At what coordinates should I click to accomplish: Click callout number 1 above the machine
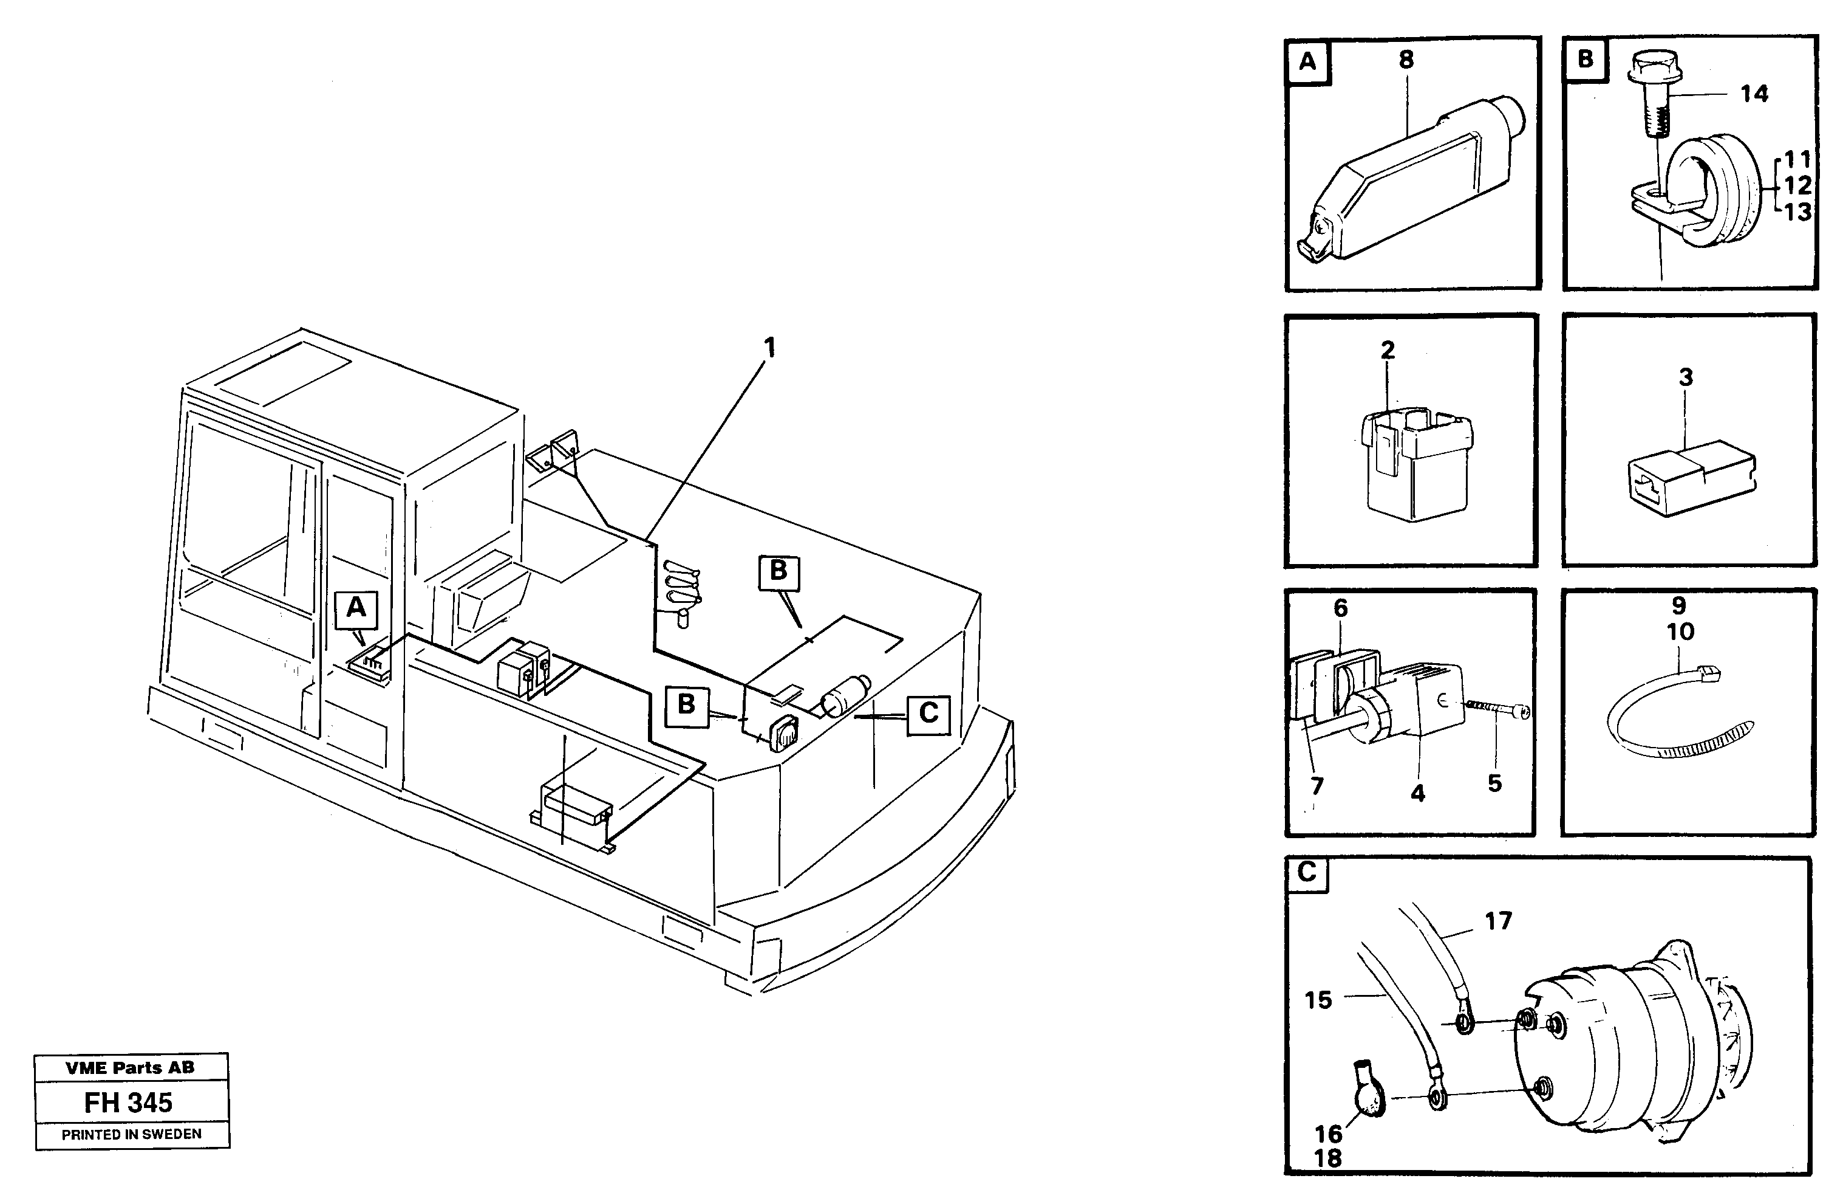tap(769, 348)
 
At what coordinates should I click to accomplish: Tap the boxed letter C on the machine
tap(928, 713)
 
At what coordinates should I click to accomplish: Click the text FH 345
tap(129, 1103)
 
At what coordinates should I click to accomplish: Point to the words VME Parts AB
tap(130, 1068)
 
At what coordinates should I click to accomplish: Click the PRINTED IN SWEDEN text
tap(132, 1134)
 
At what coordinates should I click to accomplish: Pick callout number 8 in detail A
tap(1406, 60)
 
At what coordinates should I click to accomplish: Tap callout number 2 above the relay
tap(1388, 350)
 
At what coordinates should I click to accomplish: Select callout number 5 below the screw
tap(1494, 783)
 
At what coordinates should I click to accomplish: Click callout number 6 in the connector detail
tap(1340, 608)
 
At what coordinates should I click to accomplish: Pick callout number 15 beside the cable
tap(1318, 1000)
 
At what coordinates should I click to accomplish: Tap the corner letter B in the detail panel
tap(1585, 60)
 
